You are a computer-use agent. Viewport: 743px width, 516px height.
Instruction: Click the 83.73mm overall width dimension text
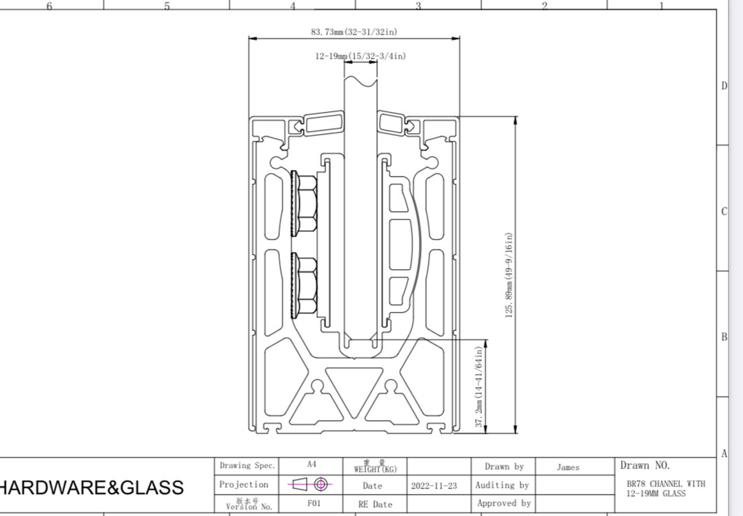click(354, 32)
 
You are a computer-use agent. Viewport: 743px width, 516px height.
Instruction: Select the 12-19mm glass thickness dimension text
click(360, 56)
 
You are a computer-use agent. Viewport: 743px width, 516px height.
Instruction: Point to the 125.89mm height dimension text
click(509, 275)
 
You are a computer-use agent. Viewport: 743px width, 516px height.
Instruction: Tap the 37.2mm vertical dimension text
click(479, 387)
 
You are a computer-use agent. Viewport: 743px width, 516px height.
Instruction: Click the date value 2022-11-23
click(434, 486)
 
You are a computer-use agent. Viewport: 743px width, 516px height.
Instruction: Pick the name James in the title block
click(568, 467)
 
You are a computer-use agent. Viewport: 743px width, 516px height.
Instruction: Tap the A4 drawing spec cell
click(312, 465)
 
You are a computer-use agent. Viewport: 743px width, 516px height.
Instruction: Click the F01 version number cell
click(313, 504)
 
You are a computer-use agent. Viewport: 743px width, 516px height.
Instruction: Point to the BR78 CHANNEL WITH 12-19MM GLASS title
click(666, 489)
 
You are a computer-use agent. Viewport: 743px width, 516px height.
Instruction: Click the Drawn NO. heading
click(645, 466)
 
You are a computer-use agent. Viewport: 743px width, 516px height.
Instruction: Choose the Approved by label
click(503, 504)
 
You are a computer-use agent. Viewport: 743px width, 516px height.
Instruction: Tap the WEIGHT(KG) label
click(375, 468)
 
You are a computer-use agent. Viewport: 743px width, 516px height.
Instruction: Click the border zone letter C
click(724, 211)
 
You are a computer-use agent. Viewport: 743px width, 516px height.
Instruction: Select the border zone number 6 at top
click(49, 6)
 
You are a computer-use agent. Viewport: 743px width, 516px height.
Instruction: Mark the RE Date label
click(375, 504)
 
